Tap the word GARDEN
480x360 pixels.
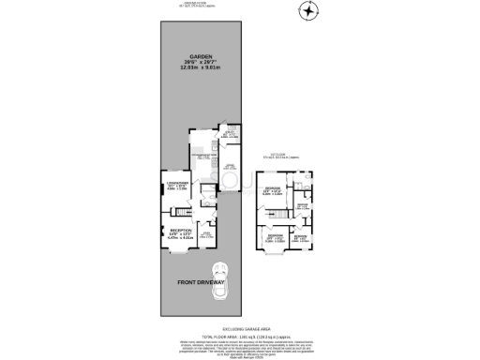coord(198,54)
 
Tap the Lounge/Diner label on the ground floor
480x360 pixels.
coord(179,183)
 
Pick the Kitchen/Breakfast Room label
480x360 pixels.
coord(199,156)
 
